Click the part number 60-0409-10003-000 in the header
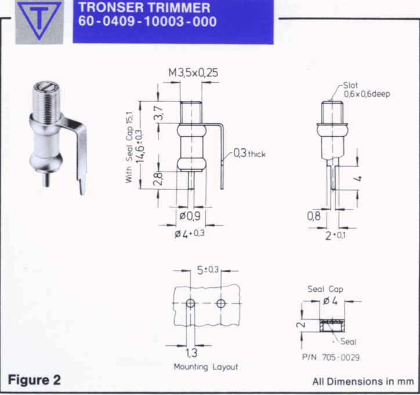tap(147, 21)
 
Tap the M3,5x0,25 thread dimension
tap(193, 72)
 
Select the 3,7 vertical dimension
tap(159, 113)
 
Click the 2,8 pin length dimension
tap(158, 178)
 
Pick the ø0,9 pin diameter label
tap(190, 216)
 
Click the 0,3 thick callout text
tap(249, 153)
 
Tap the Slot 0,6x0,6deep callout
tap(367, 90)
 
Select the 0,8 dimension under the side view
tap(314, 216)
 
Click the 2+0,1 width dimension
tap(335, 236)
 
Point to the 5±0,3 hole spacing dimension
tap(208, 270)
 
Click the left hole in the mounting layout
tap(190, 303)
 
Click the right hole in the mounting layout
tap(221, 303)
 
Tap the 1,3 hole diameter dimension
tap(191, 353)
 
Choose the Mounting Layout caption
tap(206, 367)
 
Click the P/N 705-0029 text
tap(331, 357)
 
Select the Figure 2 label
tap(34, 380)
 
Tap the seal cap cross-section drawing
tap(332, 325)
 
